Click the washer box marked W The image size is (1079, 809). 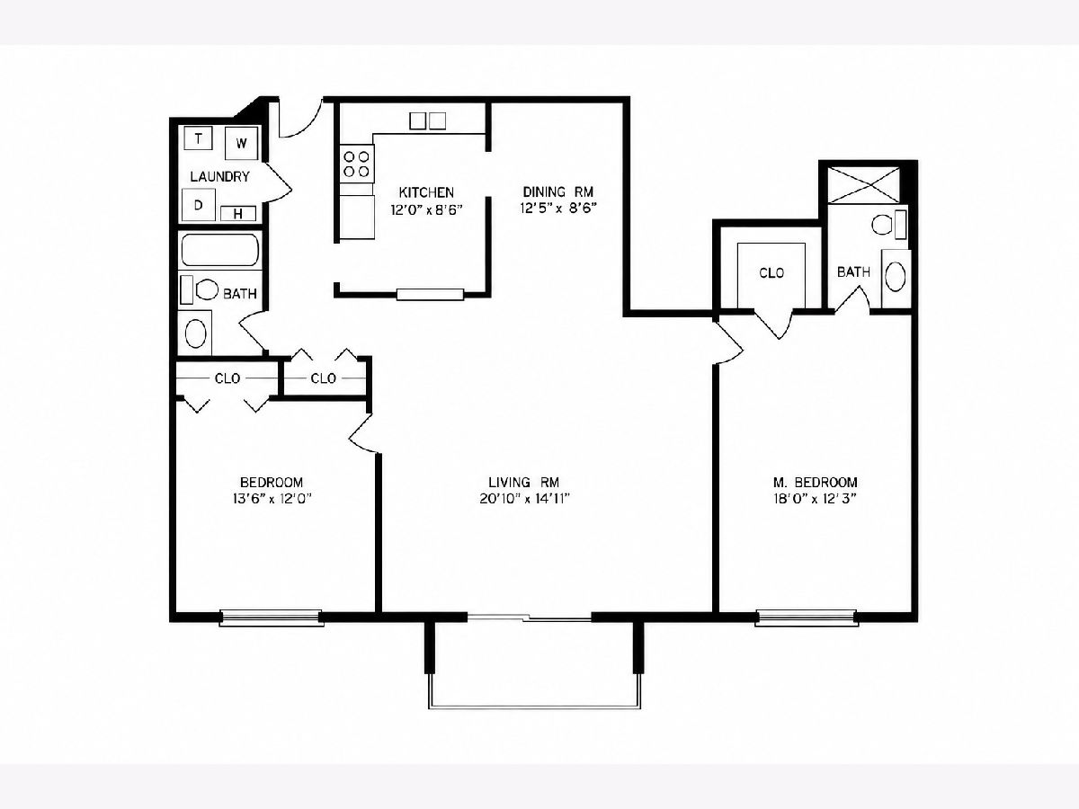tap(241, 143)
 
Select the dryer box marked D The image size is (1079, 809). tap(199, 204)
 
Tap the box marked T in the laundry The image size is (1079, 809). tap(198, 138)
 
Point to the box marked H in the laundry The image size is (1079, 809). tap(238, 214)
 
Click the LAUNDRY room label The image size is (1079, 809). tap(219, 176)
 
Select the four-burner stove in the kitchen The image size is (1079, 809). tap(357, 164)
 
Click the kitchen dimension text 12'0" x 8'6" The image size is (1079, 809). tap(427, 210)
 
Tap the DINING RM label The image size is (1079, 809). tap(558, 191)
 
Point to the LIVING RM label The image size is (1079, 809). tap(524, 482)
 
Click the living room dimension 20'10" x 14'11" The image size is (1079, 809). tap(524, 499)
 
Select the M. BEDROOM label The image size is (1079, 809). tap(815, 482)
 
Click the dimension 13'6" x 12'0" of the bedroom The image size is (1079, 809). tap(272, 499)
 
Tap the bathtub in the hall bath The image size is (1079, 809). tap(219, 250)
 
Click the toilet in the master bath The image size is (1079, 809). tap(888, 225)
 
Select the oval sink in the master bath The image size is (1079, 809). tap(896, 278)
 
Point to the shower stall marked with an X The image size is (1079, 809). tap(864, 184)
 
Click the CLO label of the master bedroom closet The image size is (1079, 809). tap(771, 272)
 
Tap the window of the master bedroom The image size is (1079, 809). tap(807, 617)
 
